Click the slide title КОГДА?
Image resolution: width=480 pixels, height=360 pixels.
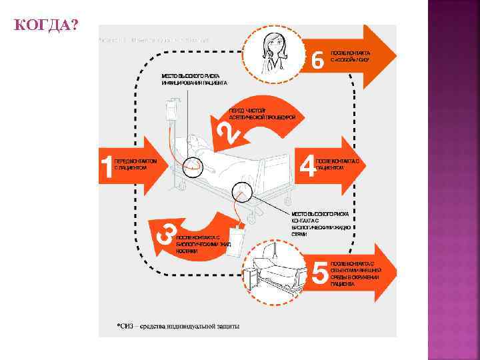(x=45, y=26)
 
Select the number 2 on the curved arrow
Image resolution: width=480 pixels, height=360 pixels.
(x=228, y=133)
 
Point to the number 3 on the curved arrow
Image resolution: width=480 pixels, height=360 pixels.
(x=166, y=233)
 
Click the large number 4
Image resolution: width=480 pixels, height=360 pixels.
(x=307, y=167)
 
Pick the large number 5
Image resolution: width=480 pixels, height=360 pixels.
(x=320, y=273)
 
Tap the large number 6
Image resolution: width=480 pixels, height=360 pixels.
(x=319, y=61)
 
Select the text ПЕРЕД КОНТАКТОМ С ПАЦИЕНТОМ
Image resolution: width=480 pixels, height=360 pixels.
(x=136, y=165)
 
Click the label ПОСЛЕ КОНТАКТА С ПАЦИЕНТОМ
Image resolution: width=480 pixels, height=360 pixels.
(x=337, y=165)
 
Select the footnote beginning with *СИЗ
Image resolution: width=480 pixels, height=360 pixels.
(x=178, y=326)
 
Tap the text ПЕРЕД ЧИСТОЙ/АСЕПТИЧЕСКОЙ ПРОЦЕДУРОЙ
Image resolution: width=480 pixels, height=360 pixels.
(x=261, y=113)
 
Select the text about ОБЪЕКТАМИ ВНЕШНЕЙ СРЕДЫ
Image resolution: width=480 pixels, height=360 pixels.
(x=354, y=273)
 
